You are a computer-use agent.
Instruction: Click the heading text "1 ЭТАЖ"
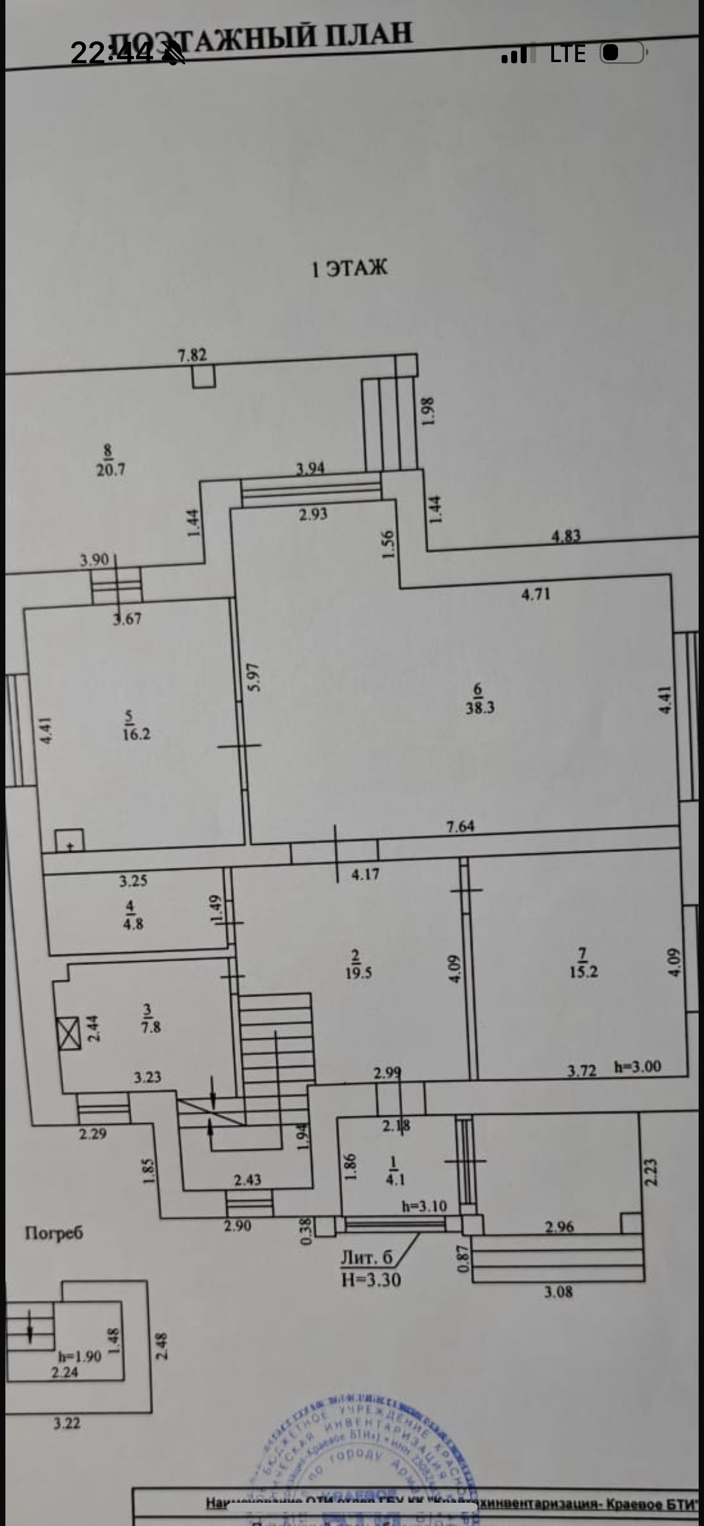350,268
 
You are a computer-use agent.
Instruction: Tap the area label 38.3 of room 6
479,708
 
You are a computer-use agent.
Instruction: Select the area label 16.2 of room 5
136,734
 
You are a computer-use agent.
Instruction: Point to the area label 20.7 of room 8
110,469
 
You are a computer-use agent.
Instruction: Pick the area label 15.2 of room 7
583,971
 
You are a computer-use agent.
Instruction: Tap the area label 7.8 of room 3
150,1027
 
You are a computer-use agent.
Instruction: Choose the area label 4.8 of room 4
133,924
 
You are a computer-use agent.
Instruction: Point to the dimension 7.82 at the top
192,355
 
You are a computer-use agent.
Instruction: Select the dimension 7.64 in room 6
460,826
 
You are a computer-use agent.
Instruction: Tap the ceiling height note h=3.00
638,1067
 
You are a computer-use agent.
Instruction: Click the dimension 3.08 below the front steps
558,1293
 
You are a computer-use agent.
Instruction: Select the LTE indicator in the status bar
567,54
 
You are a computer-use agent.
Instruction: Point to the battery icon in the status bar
623,53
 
